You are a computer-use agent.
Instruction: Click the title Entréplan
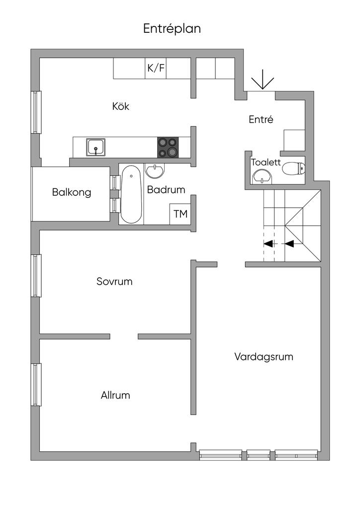[172, 29]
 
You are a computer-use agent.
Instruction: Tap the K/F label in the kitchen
[156, 68]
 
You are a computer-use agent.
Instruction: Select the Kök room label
[121, 106]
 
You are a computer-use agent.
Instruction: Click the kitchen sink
[96, 147]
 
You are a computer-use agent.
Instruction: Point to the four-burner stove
[168, 147]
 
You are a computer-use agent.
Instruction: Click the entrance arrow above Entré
[263, 83]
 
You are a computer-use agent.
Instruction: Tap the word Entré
[261, 119]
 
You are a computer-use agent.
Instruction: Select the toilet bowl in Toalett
[294, 169]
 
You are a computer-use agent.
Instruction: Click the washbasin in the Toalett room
[263, 177]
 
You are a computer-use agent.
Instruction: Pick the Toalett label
[266, 163]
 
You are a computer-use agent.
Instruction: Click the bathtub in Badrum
[131, 194]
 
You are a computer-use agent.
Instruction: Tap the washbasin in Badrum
[155, 171]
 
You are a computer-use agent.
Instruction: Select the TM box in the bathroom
[180, 214]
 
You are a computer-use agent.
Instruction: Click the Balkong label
[72, 192]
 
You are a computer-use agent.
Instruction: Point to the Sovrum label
[114, 281]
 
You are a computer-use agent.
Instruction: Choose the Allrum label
[115, 395]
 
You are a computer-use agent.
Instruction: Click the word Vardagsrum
[264, 357]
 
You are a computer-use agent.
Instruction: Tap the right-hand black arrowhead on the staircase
[289, 243]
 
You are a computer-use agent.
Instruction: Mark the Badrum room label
[166, 189]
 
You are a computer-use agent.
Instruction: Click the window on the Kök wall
[36, 112]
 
